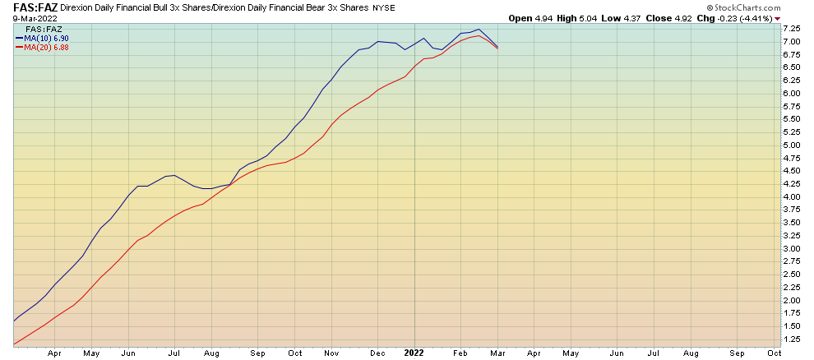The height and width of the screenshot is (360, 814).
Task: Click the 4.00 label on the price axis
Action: (792, 197)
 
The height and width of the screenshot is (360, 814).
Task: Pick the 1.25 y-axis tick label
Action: (792, 339)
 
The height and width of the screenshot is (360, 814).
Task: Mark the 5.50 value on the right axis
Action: (792, 119)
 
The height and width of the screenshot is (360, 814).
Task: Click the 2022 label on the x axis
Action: (414, 352)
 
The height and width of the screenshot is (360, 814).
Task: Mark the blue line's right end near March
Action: (497, 46)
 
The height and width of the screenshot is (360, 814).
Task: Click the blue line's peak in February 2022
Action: (479, 30)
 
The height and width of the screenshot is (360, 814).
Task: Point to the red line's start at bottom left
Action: (14, 344)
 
